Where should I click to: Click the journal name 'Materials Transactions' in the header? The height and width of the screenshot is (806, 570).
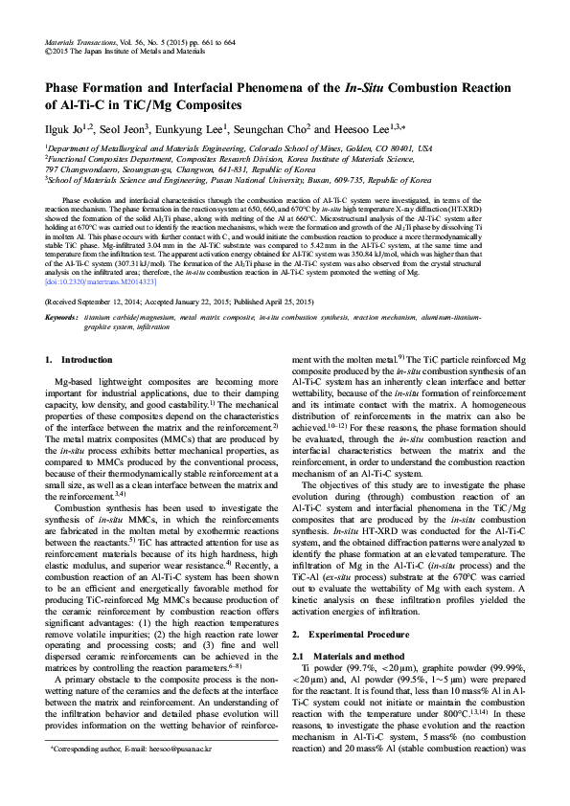click(80, 44)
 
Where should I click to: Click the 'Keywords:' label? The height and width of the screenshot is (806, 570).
click(62, 315)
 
